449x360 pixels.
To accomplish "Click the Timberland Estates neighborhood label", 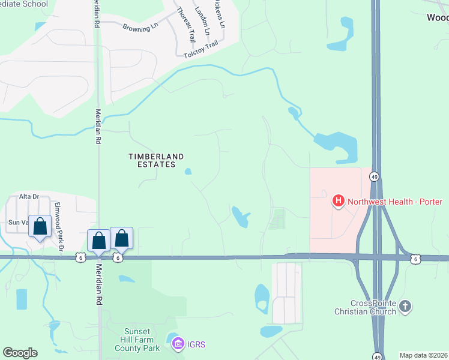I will [x=156, y=160].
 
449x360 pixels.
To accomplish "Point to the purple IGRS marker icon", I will [x=178, y=344].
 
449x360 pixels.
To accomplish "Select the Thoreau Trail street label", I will [x=183, y=23].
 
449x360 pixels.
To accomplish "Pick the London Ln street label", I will [x=203, y=20].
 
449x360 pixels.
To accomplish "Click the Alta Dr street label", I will [x=29, y=196].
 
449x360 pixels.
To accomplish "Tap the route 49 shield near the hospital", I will [x=374, y=177].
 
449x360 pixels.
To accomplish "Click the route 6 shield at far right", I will [x=415, y=259].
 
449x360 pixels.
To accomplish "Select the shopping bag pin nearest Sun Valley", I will [x=40, y=227].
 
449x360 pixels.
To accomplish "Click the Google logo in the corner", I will [x=20, y=353].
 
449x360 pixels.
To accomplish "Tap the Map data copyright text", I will [x=423, y=355].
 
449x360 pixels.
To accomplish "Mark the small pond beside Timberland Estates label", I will [x=188, y=172].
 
